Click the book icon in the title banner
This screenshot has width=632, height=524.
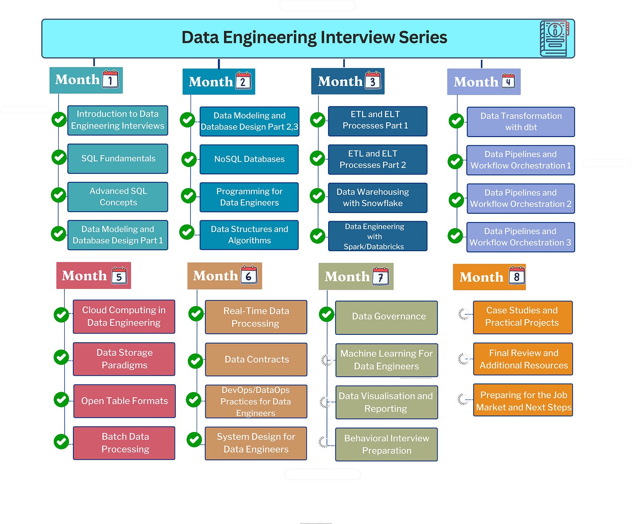pyautogui.click(x=554, y=38)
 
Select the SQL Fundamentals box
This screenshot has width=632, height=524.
pyautogui.click(x=118, y=159)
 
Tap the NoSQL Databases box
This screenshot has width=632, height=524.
pyautogui.click(x=249, y=160)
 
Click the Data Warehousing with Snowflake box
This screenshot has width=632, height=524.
pyautogui.click(x=377, y=198)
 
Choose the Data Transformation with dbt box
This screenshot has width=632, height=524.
pyautogui.click(x=520, y=122)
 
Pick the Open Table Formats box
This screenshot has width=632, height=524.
pyautogui.click(x=124, y=401)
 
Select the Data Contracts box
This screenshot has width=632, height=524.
pyautogui.click(x=256, y=360)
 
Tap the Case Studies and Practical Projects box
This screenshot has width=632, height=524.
pyautogui.click(x=523, y=317)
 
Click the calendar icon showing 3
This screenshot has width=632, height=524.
pyautogui.click(x=372, y=80)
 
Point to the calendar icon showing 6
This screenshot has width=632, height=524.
pyautogui.click(x=249, y=275)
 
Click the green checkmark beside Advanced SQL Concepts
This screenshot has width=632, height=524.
pyautogui.click(x=59, y=195)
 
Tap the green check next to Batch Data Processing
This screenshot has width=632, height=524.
pyautogui.click(x=61, y=442)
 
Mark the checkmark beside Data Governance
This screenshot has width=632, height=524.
pyautogui.click(x=326, y=314)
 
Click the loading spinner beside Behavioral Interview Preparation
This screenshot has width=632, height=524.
pyautogui.click(x=323, y=442)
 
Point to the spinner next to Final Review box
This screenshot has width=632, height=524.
pyautogui.click(x=464, y=359)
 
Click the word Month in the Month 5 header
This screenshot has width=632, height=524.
pyautogui.click(x=84, y=276)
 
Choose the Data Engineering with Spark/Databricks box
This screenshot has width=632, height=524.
pyautogui.click(x=377, y=236)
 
